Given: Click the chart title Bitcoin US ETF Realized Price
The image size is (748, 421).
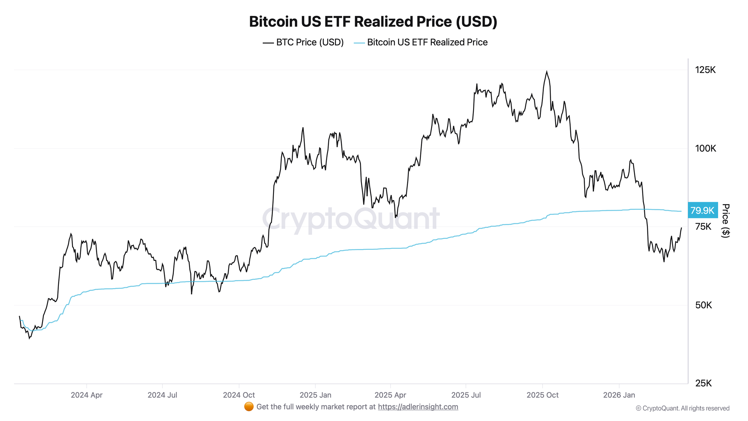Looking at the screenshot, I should pos(373,22).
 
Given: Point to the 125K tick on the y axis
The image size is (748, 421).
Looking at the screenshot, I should pos(705,70).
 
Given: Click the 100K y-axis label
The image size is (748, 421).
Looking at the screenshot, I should pos(705,148).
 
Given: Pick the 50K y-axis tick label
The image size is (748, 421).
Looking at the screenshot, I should pos(703,305).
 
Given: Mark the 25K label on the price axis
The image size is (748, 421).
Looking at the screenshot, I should pos(703,383).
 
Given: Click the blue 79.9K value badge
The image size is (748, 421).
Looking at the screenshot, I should pos(702,210).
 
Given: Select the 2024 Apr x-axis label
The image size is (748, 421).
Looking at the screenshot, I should pos(87,395).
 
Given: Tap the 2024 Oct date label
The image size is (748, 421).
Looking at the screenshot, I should pos(239,395).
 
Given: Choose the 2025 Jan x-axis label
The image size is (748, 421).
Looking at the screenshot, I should pos(315,395).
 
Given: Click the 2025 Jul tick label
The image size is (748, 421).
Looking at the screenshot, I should pos(466,395).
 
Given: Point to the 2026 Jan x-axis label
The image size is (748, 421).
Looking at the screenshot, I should pos(619,395).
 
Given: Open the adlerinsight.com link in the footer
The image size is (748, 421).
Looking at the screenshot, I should pos(418,407).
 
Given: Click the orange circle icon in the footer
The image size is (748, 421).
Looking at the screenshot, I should pos(249,407).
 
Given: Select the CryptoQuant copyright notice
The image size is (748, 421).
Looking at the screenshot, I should pos(683,408).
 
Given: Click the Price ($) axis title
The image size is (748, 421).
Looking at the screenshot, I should pos(726,221).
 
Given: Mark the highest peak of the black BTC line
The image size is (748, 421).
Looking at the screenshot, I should pos(546,72).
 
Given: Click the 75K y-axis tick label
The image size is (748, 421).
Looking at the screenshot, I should pos(703,227).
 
